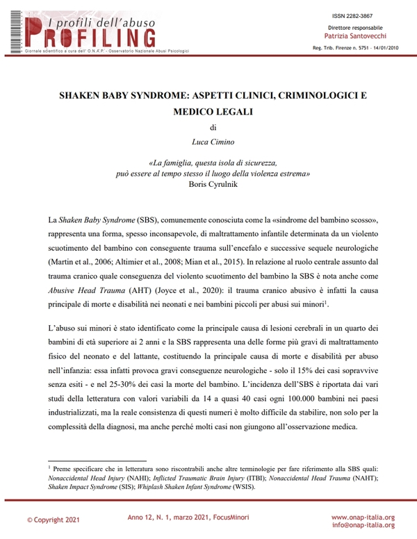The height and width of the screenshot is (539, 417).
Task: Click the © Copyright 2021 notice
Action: point(50,519)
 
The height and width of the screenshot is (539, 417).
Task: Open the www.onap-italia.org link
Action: point(363,517)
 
